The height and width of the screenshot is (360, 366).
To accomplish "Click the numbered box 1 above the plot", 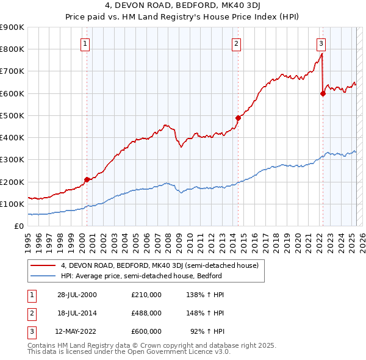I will (x=85, y=43).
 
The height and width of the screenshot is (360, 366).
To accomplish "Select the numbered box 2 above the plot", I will (x=236, y=43).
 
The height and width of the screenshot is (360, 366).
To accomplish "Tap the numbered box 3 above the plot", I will (x=321, y=43).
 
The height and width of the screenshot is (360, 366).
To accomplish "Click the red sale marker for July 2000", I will (x=87, y=179).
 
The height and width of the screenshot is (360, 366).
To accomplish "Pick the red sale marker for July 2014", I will (x=238, y=118).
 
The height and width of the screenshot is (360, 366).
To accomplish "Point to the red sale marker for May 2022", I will (x=323, y=93).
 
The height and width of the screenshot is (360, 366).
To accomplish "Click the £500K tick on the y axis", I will (x=12, y=115).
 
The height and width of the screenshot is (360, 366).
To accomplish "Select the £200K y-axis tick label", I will (x=12, y=182).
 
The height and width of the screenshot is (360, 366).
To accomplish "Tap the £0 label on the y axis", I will (x=19, y=226).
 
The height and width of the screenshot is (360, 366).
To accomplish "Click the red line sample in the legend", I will (x=43, y=265).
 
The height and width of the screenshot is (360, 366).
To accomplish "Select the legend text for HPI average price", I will (x=141, y=276).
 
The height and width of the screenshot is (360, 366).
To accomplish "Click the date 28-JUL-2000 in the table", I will (x=76, y=295).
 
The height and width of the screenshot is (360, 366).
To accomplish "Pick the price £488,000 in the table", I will (x=146, y=313).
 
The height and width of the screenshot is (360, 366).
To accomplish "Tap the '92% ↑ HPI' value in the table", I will (x=208, y=331).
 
